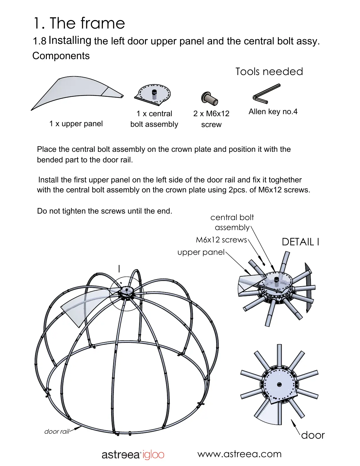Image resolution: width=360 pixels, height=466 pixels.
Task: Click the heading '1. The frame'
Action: pos(79,23)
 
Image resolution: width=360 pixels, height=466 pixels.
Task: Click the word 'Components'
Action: pos(61,56)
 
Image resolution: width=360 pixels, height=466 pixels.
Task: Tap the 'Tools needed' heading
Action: pos(269,71)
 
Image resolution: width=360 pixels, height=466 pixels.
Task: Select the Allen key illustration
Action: pos(266,94)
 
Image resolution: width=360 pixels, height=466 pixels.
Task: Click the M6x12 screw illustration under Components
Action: pos(210,98)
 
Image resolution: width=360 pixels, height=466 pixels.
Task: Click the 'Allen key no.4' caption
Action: pos(273,112)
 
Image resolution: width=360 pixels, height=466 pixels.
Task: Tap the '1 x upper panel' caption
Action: pos(76,124)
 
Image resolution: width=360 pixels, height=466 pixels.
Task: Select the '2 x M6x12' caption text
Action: pos(211,114)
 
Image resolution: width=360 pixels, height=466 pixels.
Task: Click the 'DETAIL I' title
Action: pos(300,242)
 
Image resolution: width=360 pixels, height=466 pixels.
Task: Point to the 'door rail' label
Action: pos(57,432)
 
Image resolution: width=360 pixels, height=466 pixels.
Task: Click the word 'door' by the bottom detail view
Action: pos(313,435)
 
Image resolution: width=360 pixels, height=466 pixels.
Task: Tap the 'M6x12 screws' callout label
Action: pos(221,240)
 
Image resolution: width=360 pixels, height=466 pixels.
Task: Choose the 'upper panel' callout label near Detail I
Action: pos(201,252)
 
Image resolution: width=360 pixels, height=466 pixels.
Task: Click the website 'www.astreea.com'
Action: pos(239,454)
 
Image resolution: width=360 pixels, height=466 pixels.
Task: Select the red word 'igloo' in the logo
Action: pos(153,455)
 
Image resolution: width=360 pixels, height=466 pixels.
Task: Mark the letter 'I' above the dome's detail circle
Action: pos(119,269)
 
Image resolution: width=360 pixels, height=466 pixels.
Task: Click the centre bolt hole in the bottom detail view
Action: pos(279,385)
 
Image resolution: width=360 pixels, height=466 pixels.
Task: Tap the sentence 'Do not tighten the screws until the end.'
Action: pos(104,211)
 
